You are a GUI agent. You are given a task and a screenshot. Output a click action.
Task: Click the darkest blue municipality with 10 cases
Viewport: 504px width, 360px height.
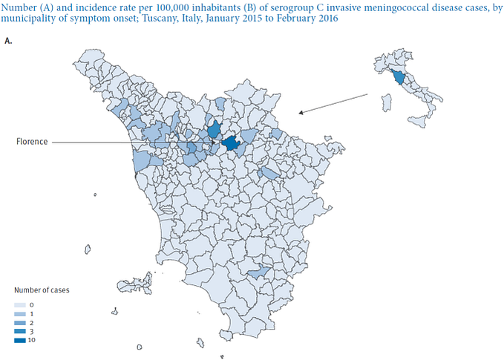coord(231,142)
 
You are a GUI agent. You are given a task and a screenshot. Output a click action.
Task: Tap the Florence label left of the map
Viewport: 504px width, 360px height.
coord(33,141)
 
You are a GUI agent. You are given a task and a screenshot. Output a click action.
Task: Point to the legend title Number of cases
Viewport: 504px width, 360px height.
coord(42,290)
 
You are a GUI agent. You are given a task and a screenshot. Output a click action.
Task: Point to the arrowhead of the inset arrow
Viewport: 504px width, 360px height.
coord(300,113)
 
